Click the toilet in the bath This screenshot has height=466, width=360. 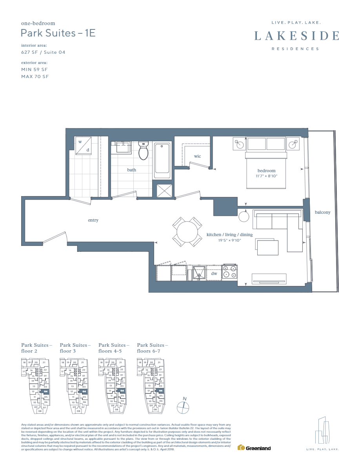[x=144, y=151]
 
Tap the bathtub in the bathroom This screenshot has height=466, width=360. [x=162, y=161]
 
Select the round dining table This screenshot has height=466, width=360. [x=188, y=231]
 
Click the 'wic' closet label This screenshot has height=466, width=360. [x=197, y=156]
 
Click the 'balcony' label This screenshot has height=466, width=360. [x=322, y=212]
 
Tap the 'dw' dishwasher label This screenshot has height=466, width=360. [x=214, y=274]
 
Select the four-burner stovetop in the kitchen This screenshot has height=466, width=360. [x=229, y=272]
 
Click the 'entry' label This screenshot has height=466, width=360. [x=93, y=220]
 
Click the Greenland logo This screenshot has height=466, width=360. [x=255, y=448]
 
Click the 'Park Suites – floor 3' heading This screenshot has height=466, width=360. [x=75, y=348]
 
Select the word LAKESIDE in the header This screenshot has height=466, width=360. [x=296, y=36]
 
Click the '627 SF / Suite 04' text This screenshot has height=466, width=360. [x=43, y=52]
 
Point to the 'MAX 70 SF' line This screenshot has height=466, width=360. [x=35, y=76]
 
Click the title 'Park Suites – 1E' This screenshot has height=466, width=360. [x=58, y=33]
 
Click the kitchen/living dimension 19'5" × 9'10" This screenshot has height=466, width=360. [x=229, y=240]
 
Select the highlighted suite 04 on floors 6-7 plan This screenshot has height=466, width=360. [x=161, y=391]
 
